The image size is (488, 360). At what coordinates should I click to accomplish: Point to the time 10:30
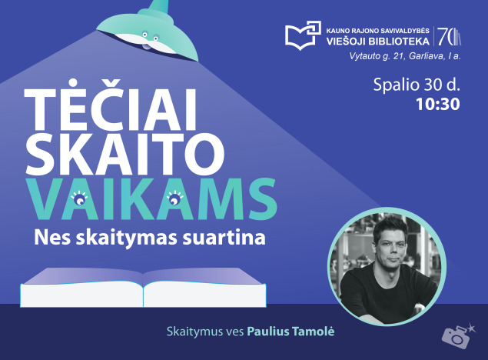click(x=437, y=104)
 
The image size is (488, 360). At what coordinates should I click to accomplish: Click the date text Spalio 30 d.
click(x=416, y=85)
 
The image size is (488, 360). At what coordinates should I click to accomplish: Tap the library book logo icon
click(x=301, y=35)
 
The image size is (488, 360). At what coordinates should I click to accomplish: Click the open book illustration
click(x=143, y=287)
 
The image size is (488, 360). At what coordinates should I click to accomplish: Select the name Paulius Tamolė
click(x=291, y=332)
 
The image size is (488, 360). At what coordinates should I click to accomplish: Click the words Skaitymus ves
click(x=205, y=332)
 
